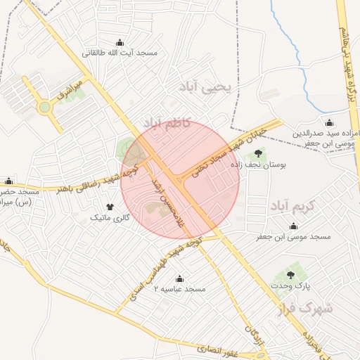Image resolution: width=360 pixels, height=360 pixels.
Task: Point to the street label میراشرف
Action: tap(70, 91)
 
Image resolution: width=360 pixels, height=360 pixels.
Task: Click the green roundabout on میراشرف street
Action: tap(45, 108)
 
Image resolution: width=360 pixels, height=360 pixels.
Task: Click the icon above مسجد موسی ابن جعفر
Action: tap(293, 226)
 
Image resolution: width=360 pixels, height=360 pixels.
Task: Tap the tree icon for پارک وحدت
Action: tap(291, 275)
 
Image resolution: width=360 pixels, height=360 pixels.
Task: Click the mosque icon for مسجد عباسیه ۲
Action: tap(179, 278)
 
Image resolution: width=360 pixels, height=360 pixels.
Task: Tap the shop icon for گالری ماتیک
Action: tap(110, 206)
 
